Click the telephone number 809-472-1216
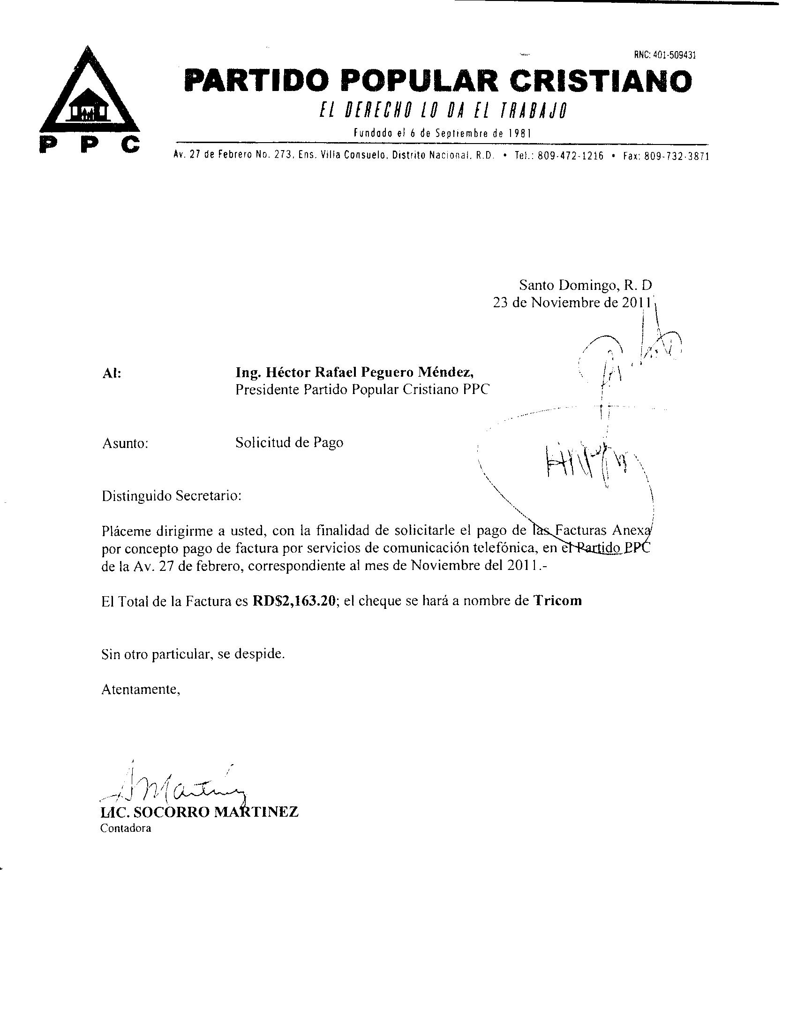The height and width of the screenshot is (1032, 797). click(x=571, y=156)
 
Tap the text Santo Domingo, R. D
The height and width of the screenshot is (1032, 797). click(x=586, y=285)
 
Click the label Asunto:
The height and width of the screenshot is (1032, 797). click(x=125, y=443)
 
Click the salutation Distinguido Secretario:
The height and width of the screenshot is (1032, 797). click(x=172, y=496)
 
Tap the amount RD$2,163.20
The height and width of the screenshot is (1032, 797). click(x=294, y=600)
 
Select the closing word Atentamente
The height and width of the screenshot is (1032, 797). click(x=141, y=690)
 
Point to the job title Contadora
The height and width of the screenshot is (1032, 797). click(x=126, y=842)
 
